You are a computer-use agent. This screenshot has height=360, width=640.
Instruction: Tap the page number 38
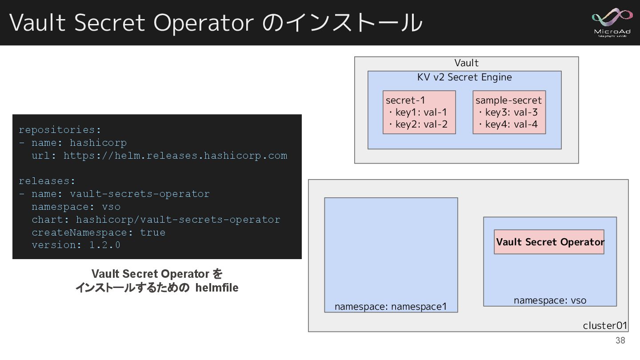(620, 341)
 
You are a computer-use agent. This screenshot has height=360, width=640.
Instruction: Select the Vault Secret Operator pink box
(549, 242)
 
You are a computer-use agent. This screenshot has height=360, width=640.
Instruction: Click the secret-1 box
(419, 112)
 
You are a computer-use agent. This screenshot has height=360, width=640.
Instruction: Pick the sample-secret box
(509, 112)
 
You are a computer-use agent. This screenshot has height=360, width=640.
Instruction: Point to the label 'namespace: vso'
(550, 300)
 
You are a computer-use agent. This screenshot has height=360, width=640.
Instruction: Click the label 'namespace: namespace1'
(390, 307)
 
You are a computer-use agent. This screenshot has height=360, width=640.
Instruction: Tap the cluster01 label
(604, 326)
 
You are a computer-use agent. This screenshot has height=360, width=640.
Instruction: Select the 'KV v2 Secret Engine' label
(464, 77)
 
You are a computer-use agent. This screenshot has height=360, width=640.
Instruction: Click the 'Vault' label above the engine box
(466, 63)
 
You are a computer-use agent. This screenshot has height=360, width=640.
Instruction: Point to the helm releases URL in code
(175, 156)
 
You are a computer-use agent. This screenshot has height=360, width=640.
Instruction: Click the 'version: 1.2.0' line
(76, 245)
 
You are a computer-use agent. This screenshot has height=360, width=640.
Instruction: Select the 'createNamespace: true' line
(98, 232)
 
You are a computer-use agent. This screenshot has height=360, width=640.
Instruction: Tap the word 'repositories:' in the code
(60, 130)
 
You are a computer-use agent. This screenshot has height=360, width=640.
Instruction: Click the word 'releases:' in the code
(47, 181)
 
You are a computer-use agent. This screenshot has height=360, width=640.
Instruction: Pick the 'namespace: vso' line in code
(76, 207)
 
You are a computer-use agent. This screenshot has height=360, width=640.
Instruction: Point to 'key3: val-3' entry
(511, 112)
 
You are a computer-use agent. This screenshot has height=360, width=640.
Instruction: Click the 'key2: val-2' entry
(421, 124)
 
